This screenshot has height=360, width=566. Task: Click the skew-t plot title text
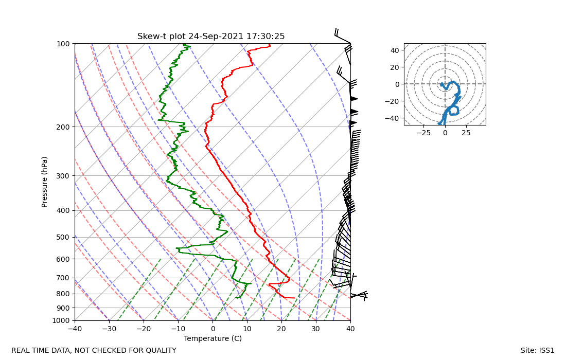coord(211,37)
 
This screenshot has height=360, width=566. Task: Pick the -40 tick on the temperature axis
coord(75,328)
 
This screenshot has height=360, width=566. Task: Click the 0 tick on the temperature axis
coord(213,328)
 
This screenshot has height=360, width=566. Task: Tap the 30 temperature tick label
coord(316,328)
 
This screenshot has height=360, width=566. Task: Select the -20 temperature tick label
coord(144,328)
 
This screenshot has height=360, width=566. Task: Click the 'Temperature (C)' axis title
coord(213,338)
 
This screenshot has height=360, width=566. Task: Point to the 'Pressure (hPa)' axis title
coord(45,182)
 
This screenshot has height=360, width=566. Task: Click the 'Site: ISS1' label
coord(537,351)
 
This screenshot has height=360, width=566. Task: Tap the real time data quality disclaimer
coord(94,351)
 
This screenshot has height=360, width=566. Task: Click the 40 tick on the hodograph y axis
coord(395,50)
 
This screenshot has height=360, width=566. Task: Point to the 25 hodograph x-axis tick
coord(466,132)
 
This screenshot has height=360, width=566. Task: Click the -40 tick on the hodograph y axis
coord(394,118)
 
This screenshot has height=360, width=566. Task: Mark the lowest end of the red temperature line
coord(294,298)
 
